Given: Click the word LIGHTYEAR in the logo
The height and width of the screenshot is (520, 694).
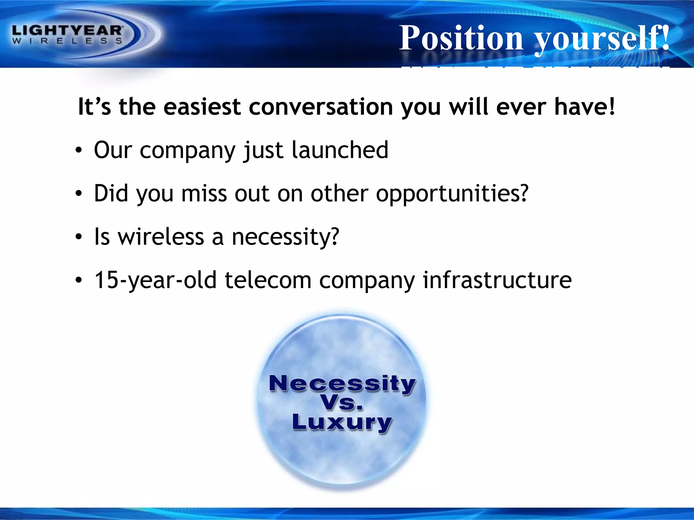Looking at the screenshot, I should click(x=67, y=31).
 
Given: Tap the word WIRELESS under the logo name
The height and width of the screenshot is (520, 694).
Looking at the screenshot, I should click(x=67, y=41).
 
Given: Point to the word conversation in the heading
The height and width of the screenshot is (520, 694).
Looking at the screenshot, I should click(x=321, y=107).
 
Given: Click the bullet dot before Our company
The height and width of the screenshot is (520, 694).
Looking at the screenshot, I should click(x=79, y=150).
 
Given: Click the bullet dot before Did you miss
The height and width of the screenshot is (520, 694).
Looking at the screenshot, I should click(x=79, y=194).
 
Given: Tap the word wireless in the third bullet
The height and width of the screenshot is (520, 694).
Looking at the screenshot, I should click(x=161, y=237).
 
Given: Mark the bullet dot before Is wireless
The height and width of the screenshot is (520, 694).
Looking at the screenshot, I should click(x=79, y=237).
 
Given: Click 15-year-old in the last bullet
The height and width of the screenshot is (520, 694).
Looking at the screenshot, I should click(x=155, y=281).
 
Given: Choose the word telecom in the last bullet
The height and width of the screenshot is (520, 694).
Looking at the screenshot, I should click(x=268, y=280).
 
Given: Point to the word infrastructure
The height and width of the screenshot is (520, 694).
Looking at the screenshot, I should click(x=497, y=280).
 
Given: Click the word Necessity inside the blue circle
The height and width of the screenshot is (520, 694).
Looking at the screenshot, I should click(x=342, y=384).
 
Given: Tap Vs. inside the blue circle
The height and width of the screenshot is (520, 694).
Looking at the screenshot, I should click(x=342, y=403).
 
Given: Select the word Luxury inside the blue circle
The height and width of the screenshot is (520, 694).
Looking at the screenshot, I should click(x=342, y=423).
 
